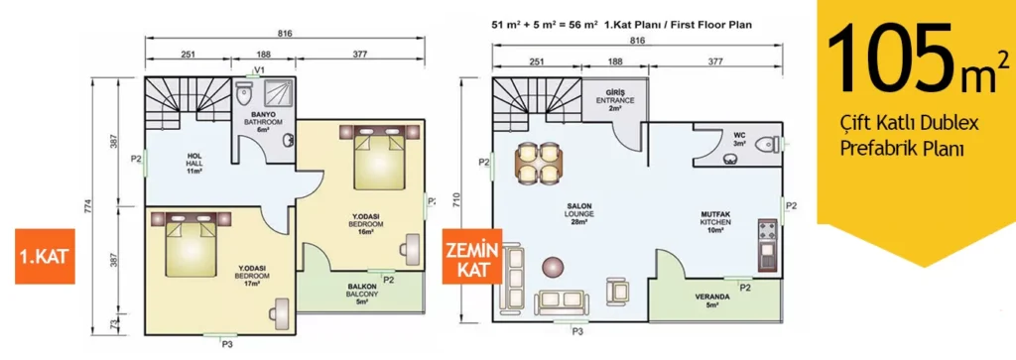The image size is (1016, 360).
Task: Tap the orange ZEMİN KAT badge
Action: click(x=471, y=257)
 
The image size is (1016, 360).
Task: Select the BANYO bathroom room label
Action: click(x=263, y=122)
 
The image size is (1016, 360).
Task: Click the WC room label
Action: click(x=740, y=139)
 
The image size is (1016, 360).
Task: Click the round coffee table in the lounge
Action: click(x=554, y=267)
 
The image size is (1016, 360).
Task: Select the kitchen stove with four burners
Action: click(x=767, y=229)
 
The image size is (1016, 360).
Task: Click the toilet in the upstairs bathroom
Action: click(x=244, y=94)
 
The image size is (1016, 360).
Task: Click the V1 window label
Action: click(x=259, y=69)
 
